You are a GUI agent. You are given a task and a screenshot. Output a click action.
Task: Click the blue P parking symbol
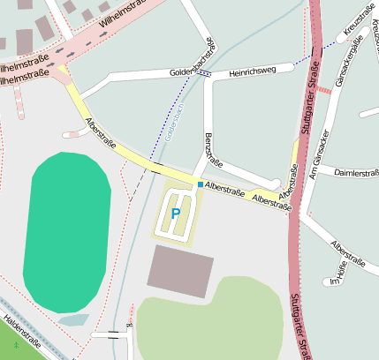point(175,213)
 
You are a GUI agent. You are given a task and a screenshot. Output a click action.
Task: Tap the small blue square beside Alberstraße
point(200,184)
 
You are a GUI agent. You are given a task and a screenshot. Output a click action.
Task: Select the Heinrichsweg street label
point(252,71)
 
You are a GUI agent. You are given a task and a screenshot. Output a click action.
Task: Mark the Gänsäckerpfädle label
point(345,64)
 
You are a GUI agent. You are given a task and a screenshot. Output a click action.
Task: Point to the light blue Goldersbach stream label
point(173,124)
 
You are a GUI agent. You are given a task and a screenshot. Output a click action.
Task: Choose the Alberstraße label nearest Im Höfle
point(347,251)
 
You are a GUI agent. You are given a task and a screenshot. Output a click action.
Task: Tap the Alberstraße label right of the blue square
point(224,190)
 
